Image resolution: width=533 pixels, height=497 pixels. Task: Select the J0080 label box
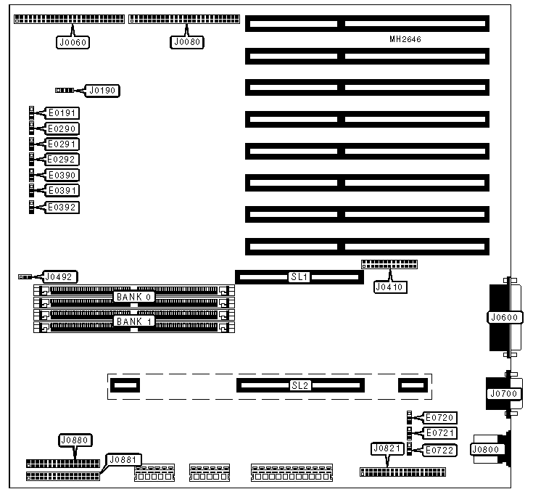pos(189,42)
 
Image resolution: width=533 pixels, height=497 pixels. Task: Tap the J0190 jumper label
pos(102,91)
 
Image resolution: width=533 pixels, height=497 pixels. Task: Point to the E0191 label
pos(62,113)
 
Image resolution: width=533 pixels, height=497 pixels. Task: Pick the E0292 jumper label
pos(62,160)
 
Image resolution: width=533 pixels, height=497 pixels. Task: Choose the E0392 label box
pos(62,208)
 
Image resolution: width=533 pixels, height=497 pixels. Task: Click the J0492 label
pos(60,276)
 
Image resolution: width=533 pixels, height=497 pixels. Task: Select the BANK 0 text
pos(133,297)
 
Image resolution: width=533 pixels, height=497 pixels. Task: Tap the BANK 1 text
pos(133,321)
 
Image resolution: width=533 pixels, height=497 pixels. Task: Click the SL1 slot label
pos(299,277)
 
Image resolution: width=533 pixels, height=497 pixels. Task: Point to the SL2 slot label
pos(300,385)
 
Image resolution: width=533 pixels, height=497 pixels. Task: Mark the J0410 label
pos(390,287)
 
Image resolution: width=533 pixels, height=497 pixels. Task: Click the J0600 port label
pos(505,317)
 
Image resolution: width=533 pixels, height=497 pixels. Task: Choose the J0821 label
pos(386,448)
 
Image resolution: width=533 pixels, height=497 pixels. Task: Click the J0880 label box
pos(75,440)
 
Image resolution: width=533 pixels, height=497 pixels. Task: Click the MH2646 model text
pos(405,38)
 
